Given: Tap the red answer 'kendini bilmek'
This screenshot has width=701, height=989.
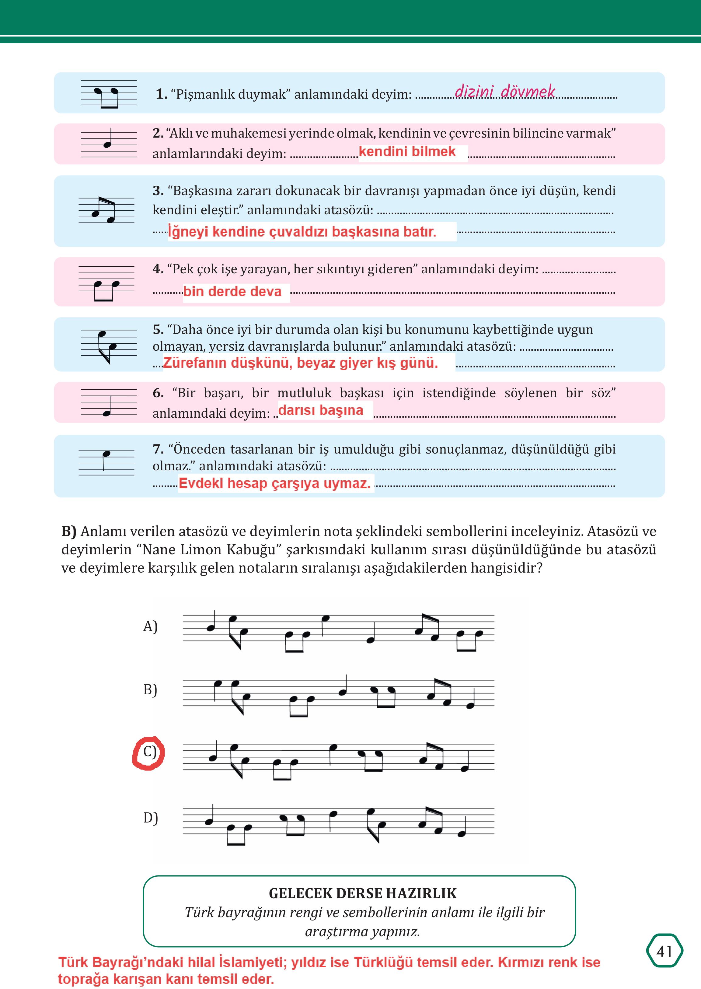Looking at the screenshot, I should (407, 152).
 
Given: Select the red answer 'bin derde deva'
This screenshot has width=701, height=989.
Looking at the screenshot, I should (232, 292).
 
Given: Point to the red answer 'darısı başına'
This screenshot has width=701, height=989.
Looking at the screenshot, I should (321, 410).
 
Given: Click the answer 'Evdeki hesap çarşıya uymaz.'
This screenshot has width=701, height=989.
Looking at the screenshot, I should (274, 483).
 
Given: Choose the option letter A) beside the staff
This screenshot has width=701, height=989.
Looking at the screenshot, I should (150, 626).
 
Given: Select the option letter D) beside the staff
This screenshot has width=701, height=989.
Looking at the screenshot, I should (150, 818).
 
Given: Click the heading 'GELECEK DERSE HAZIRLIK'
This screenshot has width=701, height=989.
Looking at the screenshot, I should (363, 893).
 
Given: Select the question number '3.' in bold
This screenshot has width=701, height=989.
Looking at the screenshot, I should (158, 191).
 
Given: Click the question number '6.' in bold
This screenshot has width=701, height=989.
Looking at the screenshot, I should (158, 393).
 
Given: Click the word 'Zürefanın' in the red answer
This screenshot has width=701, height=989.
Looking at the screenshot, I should (194, 363).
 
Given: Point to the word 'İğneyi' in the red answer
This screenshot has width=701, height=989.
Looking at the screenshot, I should (188, 232).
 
